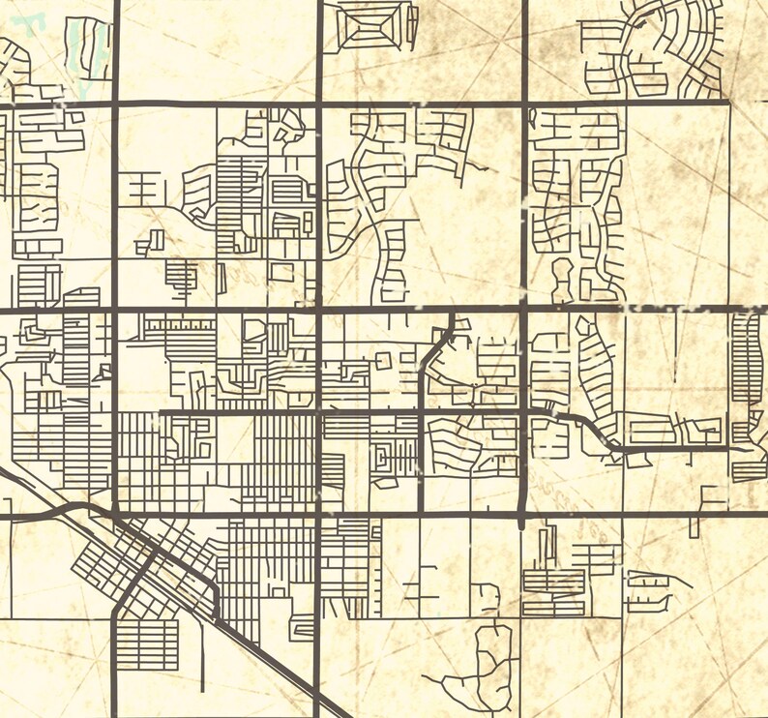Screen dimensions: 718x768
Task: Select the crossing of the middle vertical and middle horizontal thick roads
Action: click(x=319, y=311)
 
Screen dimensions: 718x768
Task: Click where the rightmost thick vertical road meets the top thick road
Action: click(x=524, y=101)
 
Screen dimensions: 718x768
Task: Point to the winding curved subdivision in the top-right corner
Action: click(x=667, y=48)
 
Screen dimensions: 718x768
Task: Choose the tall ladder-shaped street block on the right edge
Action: click(x=747, y=358)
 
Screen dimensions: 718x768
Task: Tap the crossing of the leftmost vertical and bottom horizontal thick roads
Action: click(x=115, y=515)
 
